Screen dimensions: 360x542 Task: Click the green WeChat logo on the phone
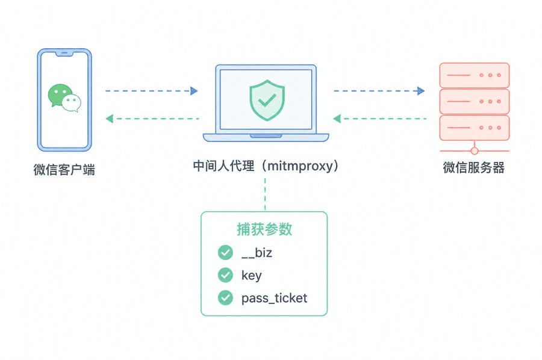64,98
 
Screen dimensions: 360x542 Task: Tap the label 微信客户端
64,169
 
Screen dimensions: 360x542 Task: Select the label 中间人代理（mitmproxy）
265,166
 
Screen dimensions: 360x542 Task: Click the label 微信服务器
474,168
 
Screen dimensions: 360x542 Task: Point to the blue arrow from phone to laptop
152,91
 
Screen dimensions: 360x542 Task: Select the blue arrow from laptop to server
379,91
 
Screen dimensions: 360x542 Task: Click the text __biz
257,253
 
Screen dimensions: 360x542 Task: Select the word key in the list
251,276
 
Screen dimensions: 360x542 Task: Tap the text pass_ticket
274,298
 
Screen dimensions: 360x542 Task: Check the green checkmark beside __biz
225,253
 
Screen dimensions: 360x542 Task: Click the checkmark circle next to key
225,275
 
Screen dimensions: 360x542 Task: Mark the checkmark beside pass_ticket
225,297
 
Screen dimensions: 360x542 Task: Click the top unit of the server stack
474,75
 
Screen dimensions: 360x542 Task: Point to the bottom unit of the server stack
474,128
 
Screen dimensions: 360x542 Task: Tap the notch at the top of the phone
64,54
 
